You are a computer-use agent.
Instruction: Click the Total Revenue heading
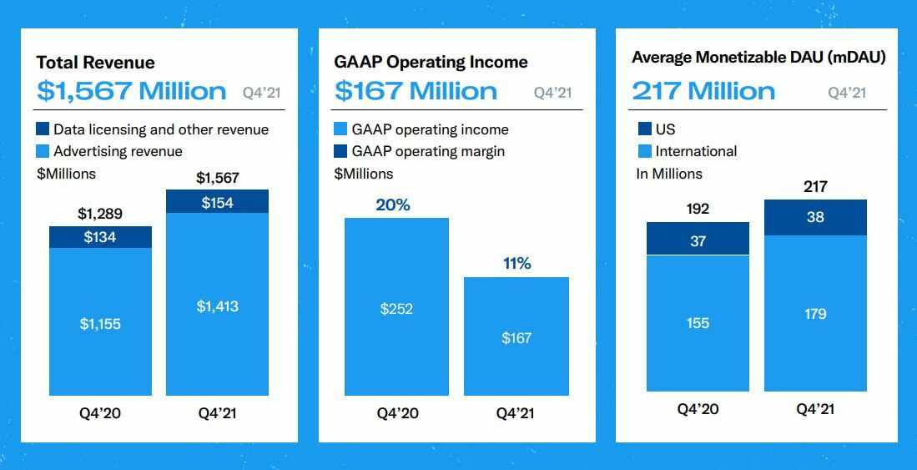click(x=96, y=63)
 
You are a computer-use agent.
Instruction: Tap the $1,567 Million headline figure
click(x=131, y=91)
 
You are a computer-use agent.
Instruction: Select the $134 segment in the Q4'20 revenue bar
click(x=100, y=237)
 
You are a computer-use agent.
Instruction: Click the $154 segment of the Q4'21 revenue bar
click(x=217, y=202)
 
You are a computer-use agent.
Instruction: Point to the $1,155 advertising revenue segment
click(x=100, y=323)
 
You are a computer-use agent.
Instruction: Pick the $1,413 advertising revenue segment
click(x=217, y=306)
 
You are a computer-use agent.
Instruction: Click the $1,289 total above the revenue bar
click(x=100, y=214)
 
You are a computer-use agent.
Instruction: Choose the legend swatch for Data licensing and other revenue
click(x=43, y=129)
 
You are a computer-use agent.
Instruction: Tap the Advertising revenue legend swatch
click(x=43, y=151)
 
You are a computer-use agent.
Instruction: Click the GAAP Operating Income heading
click(x=431, y=63)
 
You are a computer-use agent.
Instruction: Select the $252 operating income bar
click(x=396, y=308)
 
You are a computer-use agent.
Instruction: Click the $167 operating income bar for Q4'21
click(x=516, y=337)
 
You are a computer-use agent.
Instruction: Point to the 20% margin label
click(x=393, y=205)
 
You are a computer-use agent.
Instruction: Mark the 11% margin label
click(x=516, y=264)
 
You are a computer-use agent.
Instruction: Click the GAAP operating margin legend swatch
click(x=340, y=151)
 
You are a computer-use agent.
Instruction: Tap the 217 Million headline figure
click(x=703, y=91)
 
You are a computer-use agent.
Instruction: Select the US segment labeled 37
click(x=698, y=240)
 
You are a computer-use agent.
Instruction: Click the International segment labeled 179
click(x=815, y=313)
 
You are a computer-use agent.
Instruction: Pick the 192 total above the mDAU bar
click(x=698, y=209)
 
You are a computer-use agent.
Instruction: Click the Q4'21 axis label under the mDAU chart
click(x=815, y=409)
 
